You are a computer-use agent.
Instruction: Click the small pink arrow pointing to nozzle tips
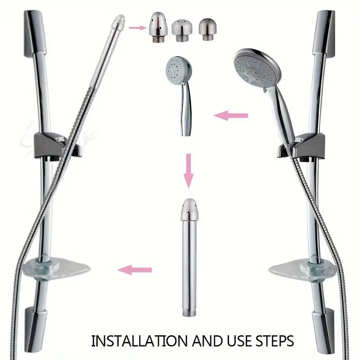point(136,28)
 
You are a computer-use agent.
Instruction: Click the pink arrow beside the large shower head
point(230,116)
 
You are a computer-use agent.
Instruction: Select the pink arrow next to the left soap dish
point(135,270)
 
